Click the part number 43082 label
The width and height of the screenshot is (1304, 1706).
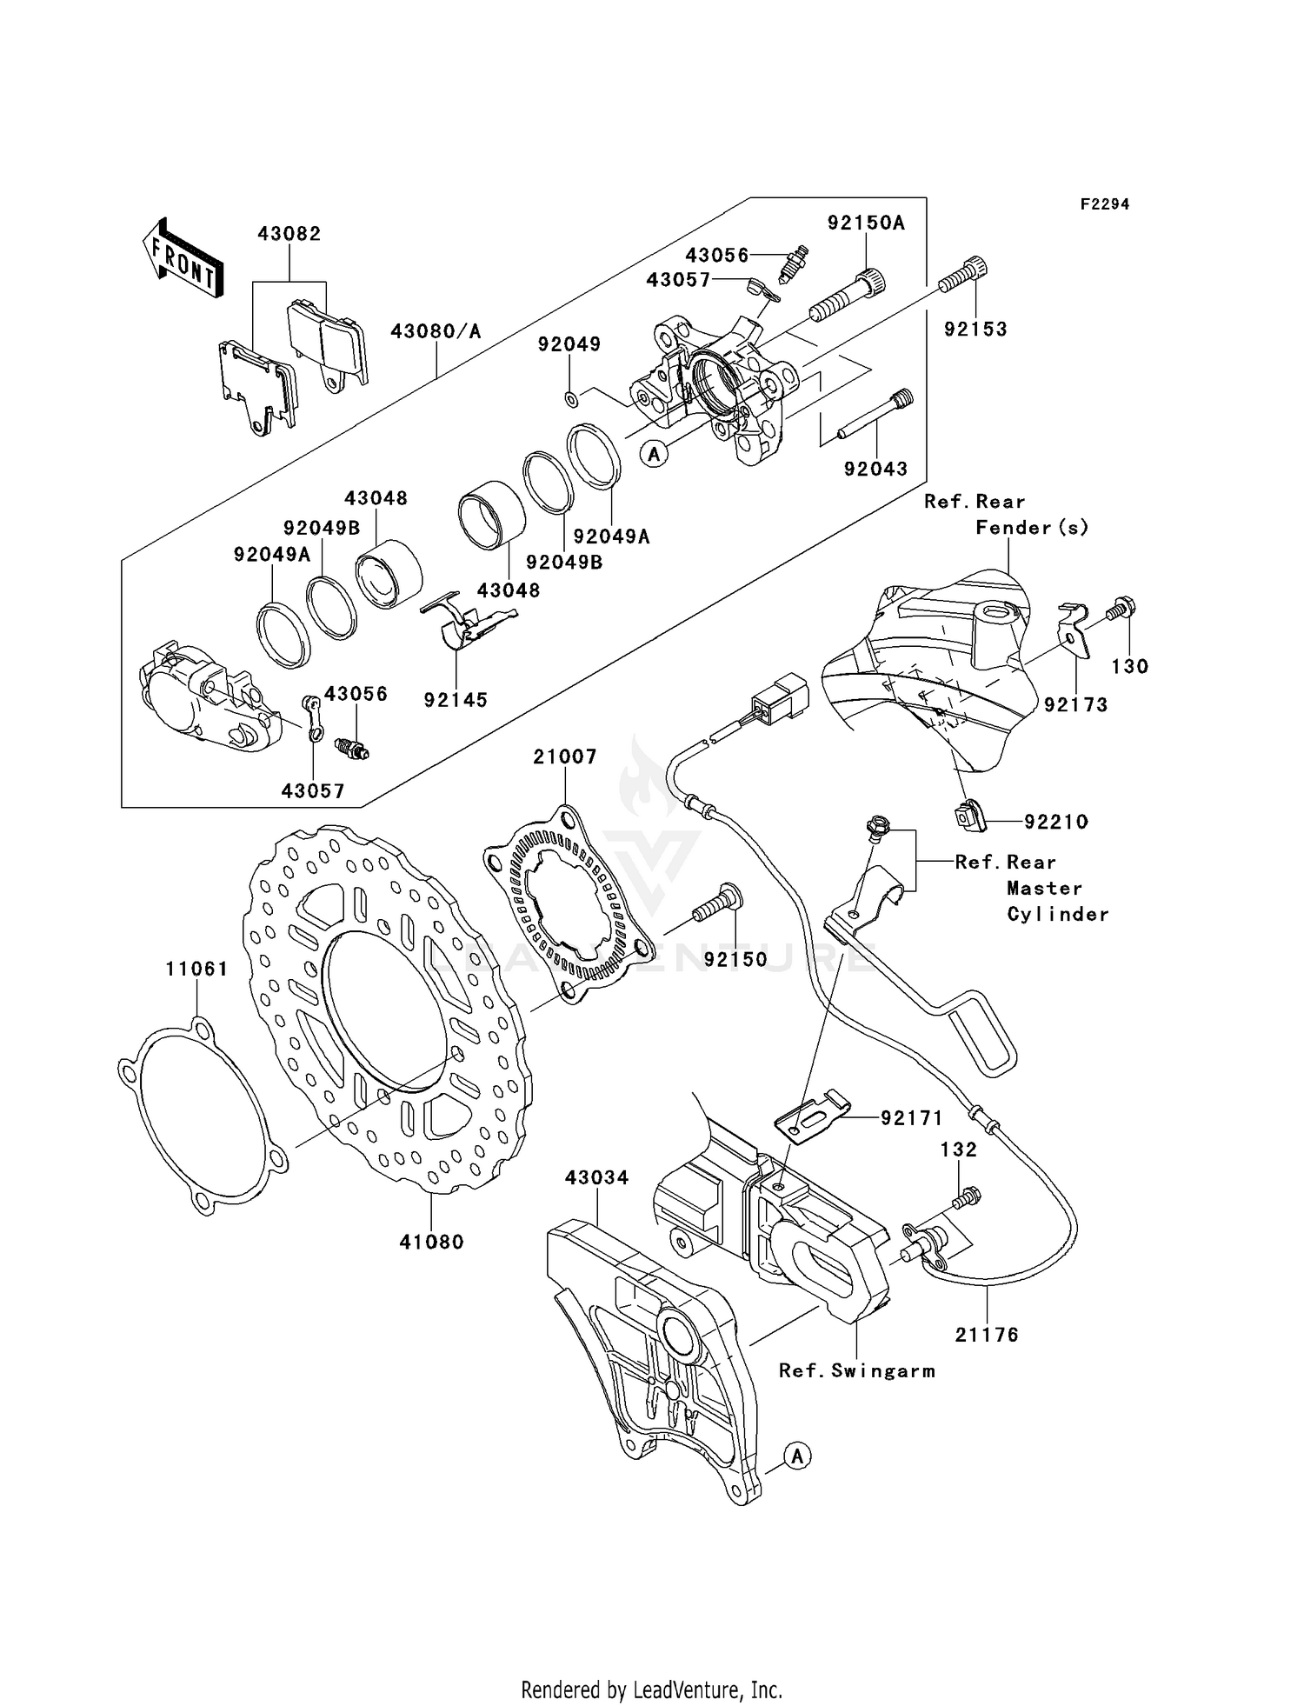(x=289, y=234)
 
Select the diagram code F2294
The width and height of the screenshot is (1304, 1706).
(x=1105, y=204)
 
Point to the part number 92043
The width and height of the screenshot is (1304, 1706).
(x=875, y=469)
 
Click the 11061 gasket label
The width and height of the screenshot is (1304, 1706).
(x=196, y=969)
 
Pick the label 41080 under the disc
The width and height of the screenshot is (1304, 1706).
(x=431, y=1243)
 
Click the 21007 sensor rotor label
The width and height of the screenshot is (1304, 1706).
(x=565, y=756)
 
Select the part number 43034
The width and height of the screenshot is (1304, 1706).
(x=596, y=1177)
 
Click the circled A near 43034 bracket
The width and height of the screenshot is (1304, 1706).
(x=797, y=1456)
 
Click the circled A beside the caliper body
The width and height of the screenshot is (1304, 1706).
(x=655, y=452)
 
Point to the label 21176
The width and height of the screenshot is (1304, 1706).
(x=987, y=1334)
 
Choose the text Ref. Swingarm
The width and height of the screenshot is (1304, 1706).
(x=856, y=1370)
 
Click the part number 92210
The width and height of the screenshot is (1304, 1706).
(x=1056, y=822)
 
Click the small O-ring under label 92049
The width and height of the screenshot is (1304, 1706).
(x=570, y=399)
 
